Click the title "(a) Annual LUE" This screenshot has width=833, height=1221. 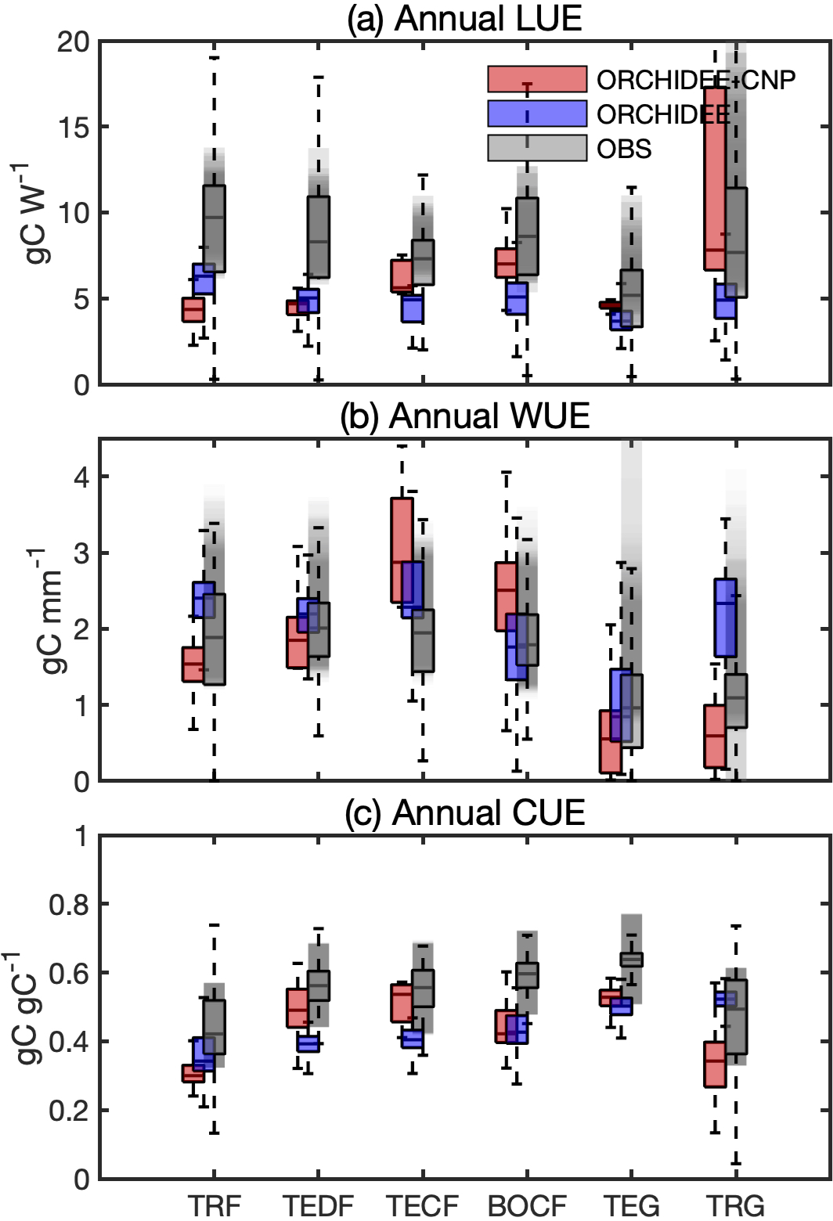click(x=464, y=18)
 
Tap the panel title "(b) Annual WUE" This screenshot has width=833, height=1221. click(x=464, y=415)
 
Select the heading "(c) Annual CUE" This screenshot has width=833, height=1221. click(x=464, y=812)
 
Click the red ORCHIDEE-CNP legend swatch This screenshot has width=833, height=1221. click(x=536, y=79)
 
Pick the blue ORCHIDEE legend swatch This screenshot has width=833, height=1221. click(x=536, y=113)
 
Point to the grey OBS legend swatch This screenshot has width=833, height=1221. click(x=536, y=148)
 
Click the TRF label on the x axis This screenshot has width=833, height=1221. click(x=214, y=1205)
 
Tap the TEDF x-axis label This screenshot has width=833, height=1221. click(x=318, y=1205)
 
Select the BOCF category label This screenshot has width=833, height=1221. click(x=526, y=1205)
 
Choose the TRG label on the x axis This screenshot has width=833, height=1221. click(x=734, y=1205)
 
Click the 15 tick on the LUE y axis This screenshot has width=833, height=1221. click(x=71, y=127)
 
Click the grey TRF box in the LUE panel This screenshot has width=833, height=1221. click(x=214, y=229)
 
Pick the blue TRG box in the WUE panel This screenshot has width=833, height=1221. click(x=725, y=617)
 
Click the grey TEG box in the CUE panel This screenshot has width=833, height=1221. click(x=631, y=959)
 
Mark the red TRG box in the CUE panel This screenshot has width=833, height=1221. click(x=714, y=1064)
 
